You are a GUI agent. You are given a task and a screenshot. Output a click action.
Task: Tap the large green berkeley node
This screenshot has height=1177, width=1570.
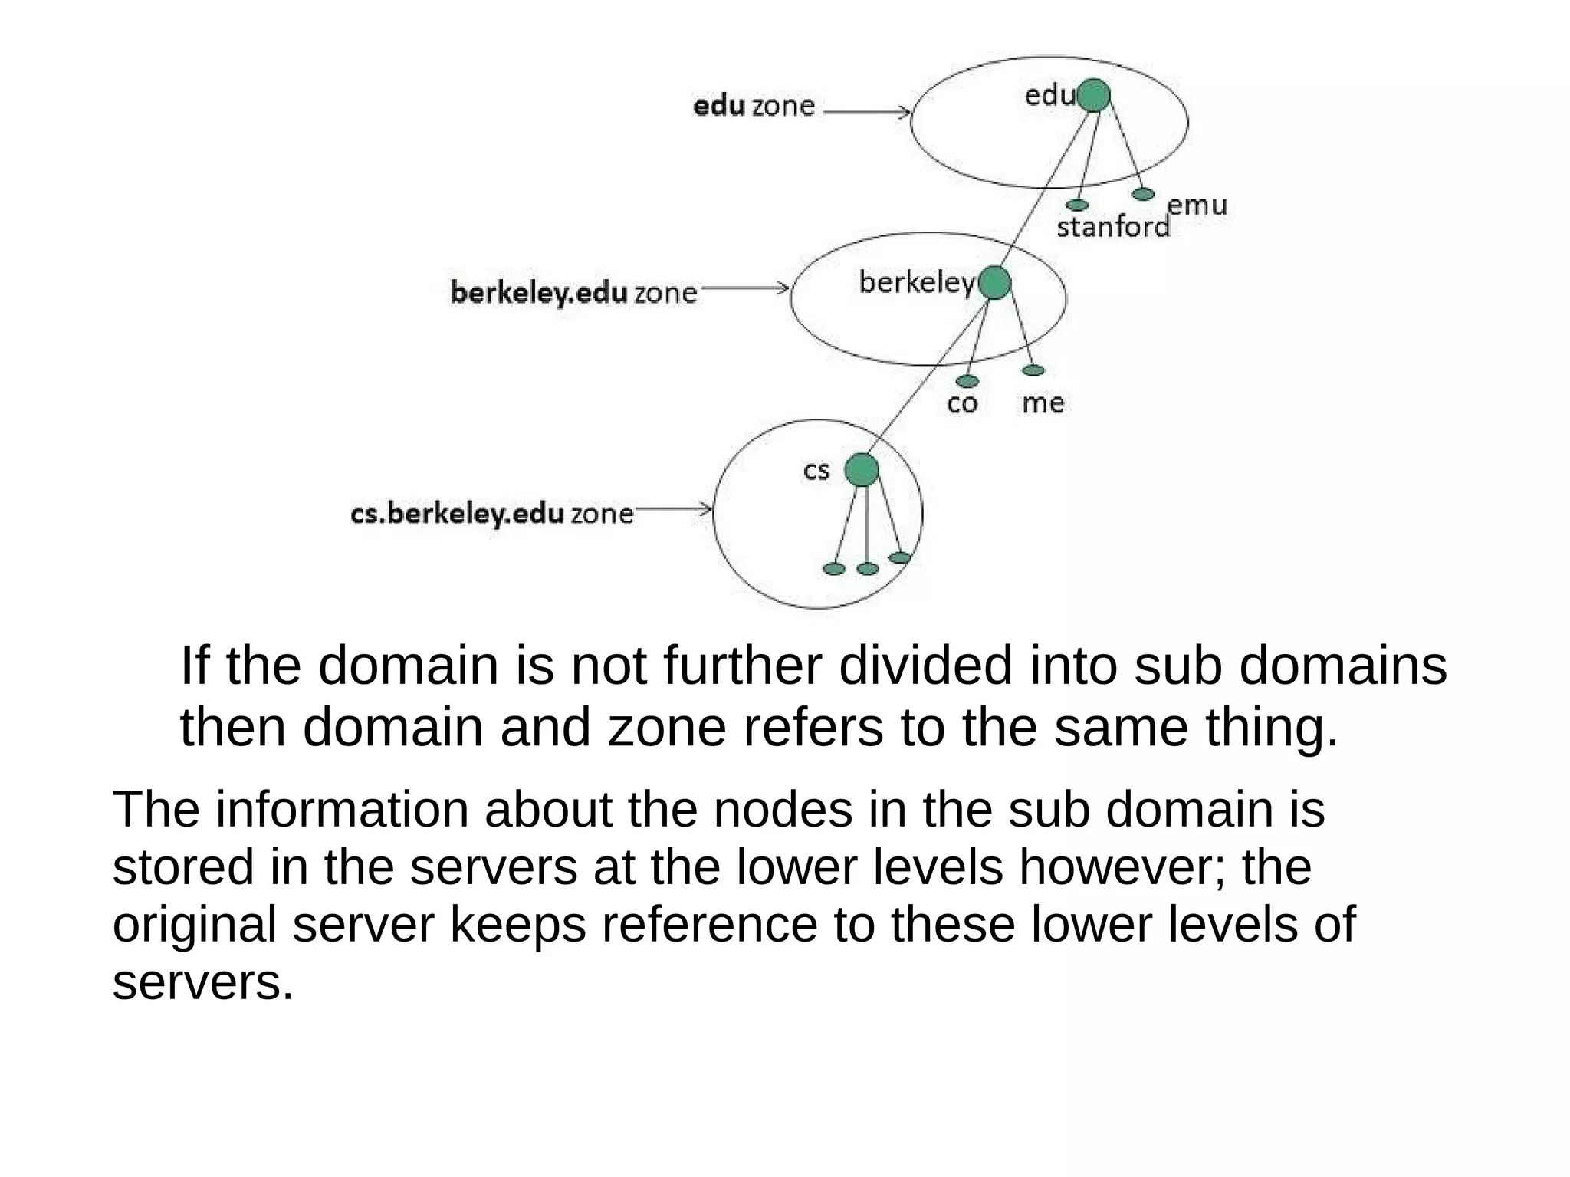(x=994, y=283)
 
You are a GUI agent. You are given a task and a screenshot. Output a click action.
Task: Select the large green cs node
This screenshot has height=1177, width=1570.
(x=862, y=469)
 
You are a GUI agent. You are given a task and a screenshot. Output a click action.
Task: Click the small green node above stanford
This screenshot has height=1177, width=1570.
(x=1077, y=205)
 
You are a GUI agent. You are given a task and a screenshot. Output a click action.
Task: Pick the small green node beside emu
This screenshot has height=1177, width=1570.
(x=1142, y=194)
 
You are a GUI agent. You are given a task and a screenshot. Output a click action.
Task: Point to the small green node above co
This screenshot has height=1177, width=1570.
(x=967, y=381)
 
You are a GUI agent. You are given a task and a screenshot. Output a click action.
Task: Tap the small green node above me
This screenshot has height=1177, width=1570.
(x=1033, y=371)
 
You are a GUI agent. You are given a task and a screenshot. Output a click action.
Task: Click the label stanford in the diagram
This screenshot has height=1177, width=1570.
(x=1113, y=227)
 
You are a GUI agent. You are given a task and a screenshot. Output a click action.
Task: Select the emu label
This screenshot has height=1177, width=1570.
(x=1197, y=205)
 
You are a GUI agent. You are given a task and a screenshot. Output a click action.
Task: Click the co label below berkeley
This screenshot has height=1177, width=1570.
(x=962, y=403)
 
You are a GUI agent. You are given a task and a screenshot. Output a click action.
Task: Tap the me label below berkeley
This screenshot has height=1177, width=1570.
(x=1043, y=403)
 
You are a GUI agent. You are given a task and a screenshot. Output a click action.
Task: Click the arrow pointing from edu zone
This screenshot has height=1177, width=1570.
(x=866, y=113)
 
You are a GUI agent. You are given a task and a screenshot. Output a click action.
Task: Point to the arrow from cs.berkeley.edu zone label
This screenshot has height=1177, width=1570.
(x=673, y=508)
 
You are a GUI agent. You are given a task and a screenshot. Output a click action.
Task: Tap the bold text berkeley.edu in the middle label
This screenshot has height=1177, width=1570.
(x=538, y=294)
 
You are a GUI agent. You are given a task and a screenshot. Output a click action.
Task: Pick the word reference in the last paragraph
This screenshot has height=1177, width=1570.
(x=710, y=925)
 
